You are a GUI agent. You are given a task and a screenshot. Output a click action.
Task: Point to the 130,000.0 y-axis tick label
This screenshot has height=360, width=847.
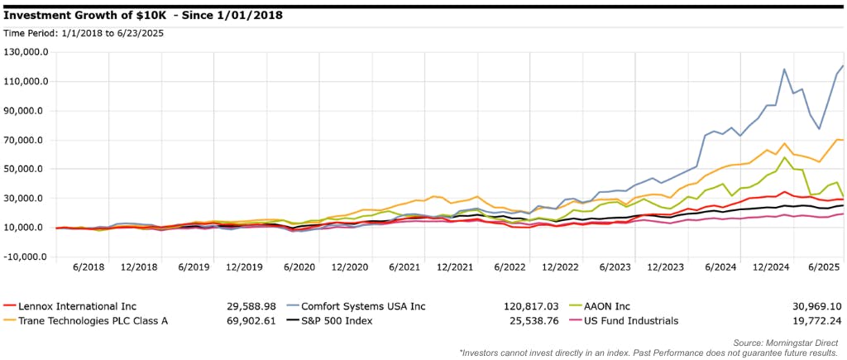[26, 52]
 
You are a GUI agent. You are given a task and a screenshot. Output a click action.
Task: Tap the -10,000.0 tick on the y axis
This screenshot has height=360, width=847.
[26, 257]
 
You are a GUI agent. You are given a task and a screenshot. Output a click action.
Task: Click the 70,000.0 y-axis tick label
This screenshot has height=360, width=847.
[28, 140]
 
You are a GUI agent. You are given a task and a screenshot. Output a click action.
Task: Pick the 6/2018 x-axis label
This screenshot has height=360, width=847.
[89, 268]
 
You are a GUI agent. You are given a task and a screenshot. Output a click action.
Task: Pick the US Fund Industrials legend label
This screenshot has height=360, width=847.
[634, 320]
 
